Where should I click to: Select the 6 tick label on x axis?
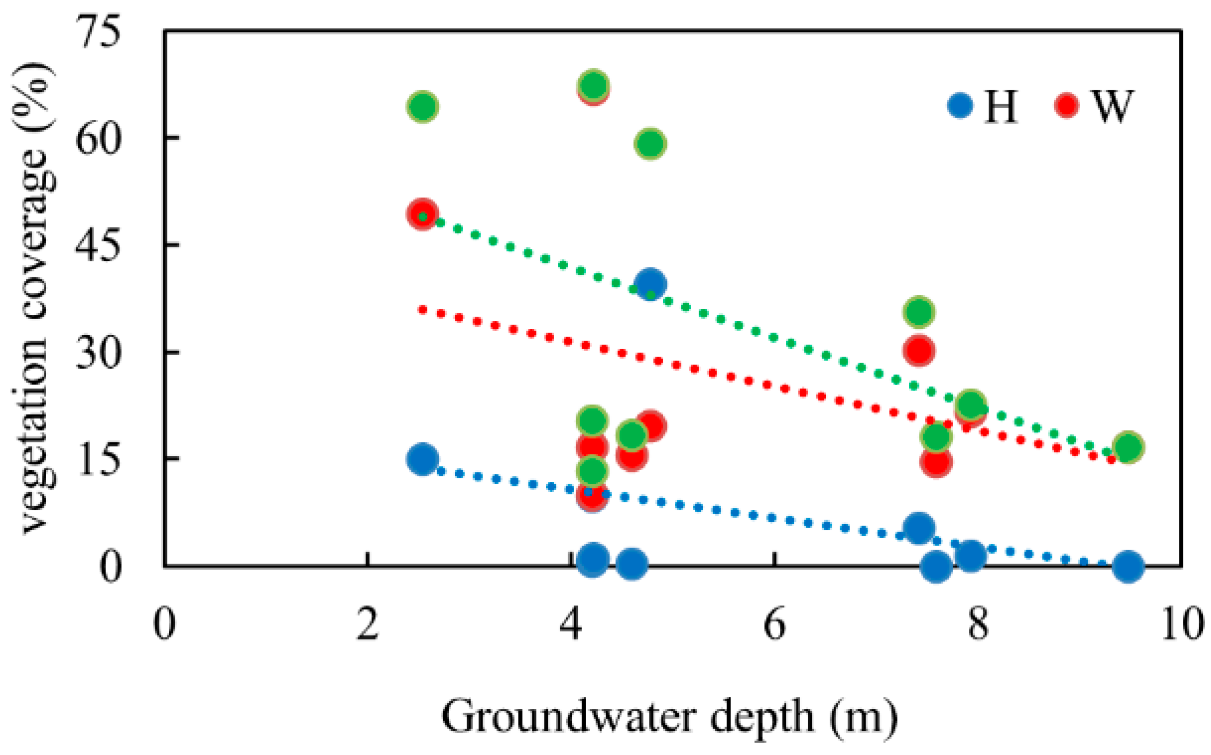[x=774, y=625]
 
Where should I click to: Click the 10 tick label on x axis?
[x=1181, y=625]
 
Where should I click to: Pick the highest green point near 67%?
[x=593, y=85]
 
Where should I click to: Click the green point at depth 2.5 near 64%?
[x=423, y=106]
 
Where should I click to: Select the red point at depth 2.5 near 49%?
[x=423, y=214]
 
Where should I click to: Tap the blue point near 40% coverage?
[x=651, y=284]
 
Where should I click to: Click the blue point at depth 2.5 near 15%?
[x=423, y=459]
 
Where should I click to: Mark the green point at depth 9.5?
[x=1128, y=447]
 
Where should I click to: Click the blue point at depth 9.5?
[x=1128, y=566]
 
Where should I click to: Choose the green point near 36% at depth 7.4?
[x=919, y=312]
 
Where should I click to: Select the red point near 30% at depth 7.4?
[x=919, y=351]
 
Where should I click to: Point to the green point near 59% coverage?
[x=650, y=143]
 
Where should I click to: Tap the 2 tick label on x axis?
[x=367, y=625]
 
